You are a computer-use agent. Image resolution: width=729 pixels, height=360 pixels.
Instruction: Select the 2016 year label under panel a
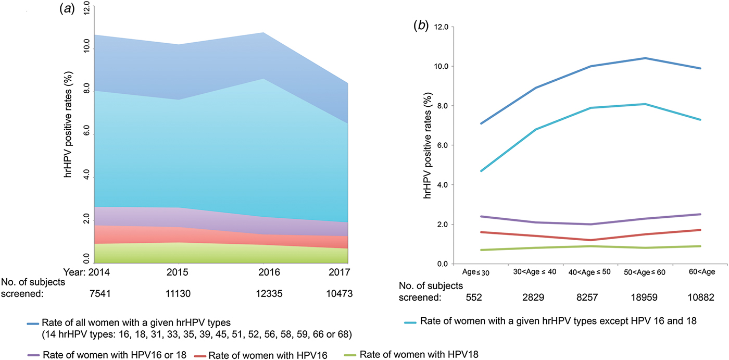(x=269, y=272)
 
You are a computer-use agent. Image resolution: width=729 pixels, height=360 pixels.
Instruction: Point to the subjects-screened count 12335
(x=269, y=294)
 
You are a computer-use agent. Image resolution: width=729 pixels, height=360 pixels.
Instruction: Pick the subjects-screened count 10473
(x=337, y=294)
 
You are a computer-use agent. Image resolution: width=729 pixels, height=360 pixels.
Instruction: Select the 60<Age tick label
(x=701, y=272)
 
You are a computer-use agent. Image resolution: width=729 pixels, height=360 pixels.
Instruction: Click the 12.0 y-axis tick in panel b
(x=442, y=27)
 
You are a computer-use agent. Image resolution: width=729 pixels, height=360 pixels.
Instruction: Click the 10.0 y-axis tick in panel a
(x=86, y=45)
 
